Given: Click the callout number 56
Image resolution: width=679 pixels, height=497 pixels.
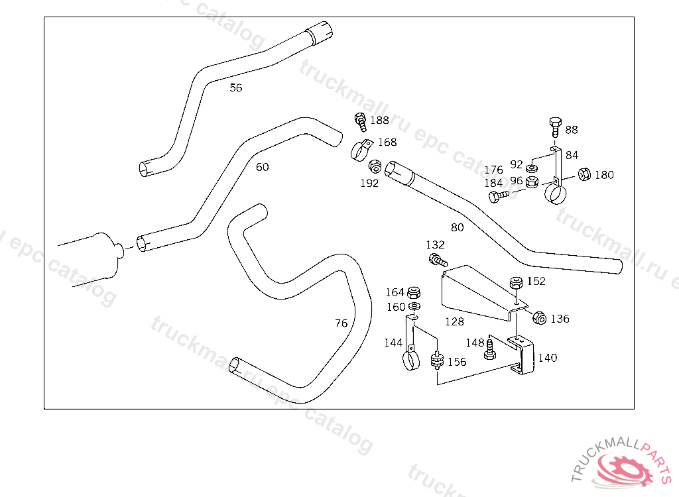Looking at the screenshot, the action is [x=235, y=88].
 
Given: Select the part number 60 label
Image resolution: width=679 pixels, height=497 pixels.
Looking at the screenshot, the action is [x=262, y=167].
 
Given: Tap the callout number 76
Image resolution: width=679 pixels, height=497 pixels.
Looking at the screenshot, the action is [x=341, y=323].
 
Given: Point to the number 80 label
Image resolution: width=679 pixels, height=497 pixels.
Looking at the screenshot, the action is [x=458, y=228].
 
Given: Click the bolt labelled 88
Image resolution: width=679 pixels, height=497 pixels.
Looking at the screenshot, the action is [x=556, y=127].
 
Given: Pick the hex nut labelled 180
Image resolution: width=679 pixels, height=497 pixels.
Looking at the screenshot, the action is [x=585, y=174].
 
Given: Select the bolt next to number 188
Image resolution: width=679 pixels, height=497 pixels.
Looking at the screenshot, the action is [x=360, y=122].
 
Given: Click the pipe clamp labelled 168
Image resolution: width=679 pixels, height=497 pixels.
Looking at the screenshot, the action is [x=361, y=150].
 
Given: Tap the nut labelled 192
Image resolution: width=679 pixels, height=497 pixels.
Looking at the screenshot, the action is [x=375, y=166].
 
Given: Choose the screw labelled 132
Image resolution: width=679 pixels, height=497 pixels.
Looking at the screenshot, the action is [x=438, y=260].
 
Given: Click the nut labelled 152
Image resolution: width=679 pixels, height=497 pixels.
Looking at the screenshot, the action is [x=516, y=283].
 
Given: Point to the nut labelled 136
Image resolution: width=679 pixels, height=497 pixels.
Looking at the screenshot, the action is [x=539, y=318].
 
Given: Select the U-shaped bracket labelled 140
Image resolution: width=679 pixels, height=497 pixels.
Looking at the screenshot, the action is [x=521, y=355].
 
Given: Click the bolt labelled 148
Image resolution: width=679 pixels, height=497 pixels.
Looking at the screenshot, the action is [x=490, y=350].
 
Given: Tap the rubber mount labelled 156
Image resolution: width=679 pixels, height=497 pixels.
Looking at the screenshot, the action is [x=438, y=360].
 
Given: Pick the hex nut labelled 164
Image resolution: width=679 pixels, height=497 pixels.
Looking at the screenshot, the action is [x=414, y=293].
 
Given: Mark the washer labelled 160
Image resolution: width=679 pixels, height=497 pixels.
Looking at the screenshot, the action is [x=415, y=307].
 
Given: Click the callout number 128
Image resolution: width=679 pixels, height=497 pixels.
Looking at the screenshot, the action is [x=454, y=321].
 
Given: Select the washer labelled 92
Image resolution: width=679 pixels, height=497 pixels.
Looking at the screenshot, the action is [x=532, y=168].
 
